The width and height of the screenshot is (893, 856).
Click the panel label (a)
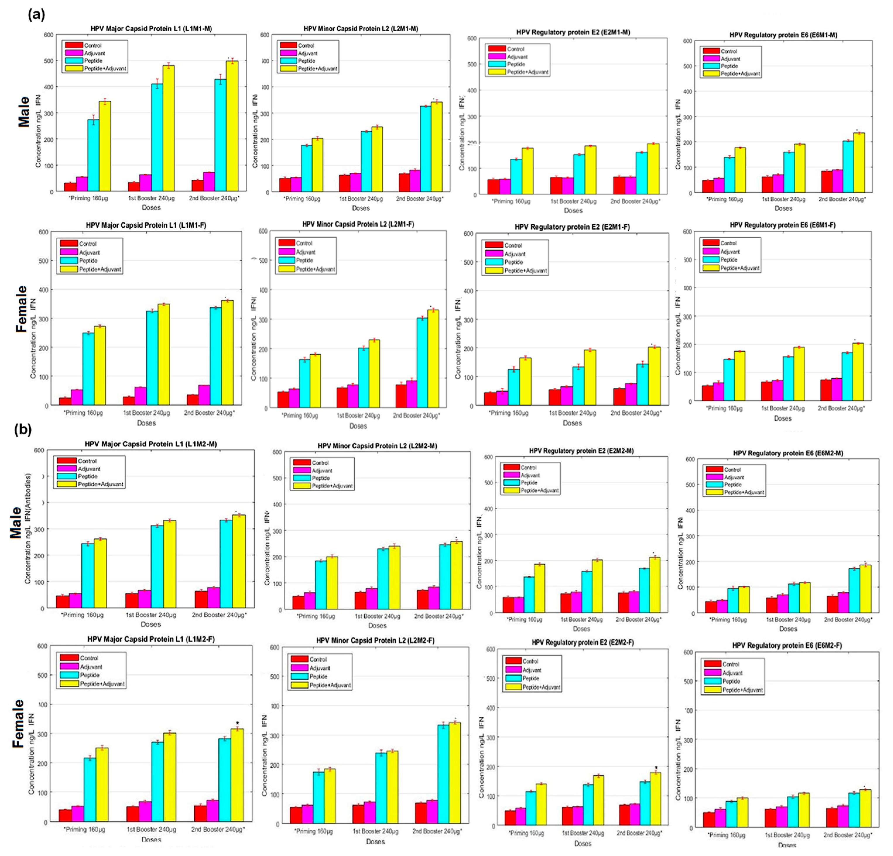pos(37,15)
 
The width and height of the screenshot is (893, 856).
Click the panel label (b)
pos(23,430)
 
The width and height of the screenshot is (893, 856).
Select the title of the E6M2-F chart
pos(787,646)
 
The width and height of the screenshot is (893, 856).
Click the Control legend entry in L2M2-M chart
pos(320,463)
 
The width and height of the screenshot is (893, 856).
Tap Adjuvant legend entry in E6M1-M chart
pos(730,59)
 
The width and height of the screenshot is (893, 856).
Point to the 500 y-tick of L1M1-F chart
pos(43,261)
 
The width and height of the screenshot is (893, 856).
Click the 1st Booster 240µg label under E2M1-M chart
pos(573,201)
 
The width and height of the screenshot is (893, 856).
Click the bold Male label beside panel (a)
pos(24,112)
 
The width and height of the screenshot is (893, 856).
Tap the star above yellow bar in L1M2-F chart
pos(237,723)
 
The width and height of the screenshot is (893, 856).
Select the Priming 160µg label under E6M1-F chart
pos(724,408)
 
